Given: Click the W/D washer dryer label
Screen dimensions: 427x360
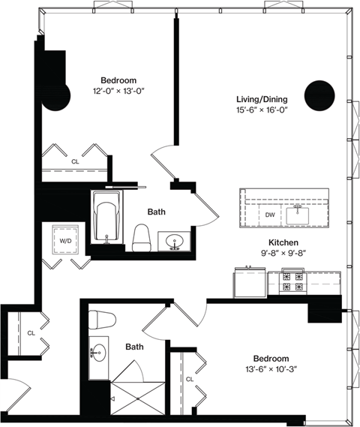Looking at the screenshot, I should click(x=65, y=241).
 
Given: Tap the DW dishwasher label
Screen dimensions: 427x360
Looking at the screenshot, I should click(x=271, y=215).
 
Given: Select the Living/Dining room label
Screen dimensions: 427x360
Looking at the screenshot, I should click(x=262, y=98).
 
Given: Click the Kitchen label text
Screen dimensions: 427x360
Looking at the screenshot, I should click(x=284, y=242).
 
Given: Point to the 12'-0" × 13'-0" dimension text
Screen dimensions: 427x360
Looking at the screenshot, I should click(x=118, y=92).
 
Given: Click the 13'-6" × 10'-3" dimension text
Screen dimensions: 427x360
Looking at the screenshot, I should click(x=271, y=370).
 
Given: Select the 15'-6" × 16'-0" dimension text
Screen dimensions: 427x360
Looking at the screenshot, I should click(x=262, y=110).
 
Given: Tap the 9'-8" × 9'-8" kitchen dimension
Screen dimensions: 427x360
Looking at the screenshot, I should click(x=284, y=254).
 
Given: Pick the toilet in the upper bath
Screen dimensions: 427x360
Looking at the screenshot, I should click(x=142, y=238).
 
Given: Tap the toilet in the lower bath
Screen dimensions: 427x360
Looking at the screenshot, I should click(x=100, y=320).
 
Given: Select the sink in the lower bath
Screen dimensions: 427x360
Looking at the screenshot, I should click(x=99, y=351).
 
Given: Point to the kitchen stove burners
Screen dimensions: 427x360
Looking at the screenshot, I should click(x=293, y=281).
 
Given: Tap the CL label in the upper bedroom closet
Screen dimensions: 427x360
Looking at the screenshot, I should click(x=75, y=161).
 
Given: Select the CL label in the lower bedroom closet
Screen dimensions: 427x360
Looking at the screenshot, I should click(x=190, y=380).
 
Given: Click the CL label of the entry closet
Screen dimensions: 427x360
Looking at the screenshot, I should click(x=31, y=332).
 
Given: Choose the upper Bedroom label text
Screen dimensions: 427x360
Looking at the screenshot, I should click(x=118, y=80).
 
